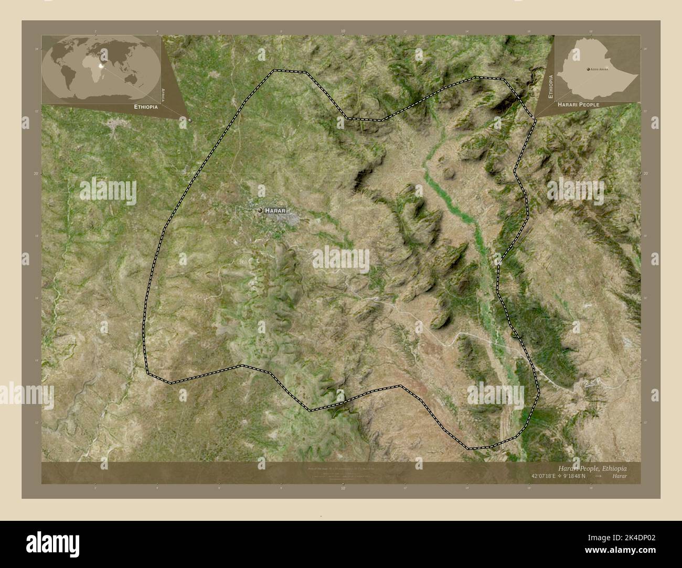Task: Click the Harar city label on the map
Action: (275, 210)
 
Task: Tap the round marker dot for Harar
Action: (260, 210)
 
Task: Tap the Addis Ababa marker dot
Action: (587, 69)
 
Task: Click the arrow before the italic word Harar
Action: (598, 476)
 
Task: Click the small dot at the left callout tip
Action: (190, 120)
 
